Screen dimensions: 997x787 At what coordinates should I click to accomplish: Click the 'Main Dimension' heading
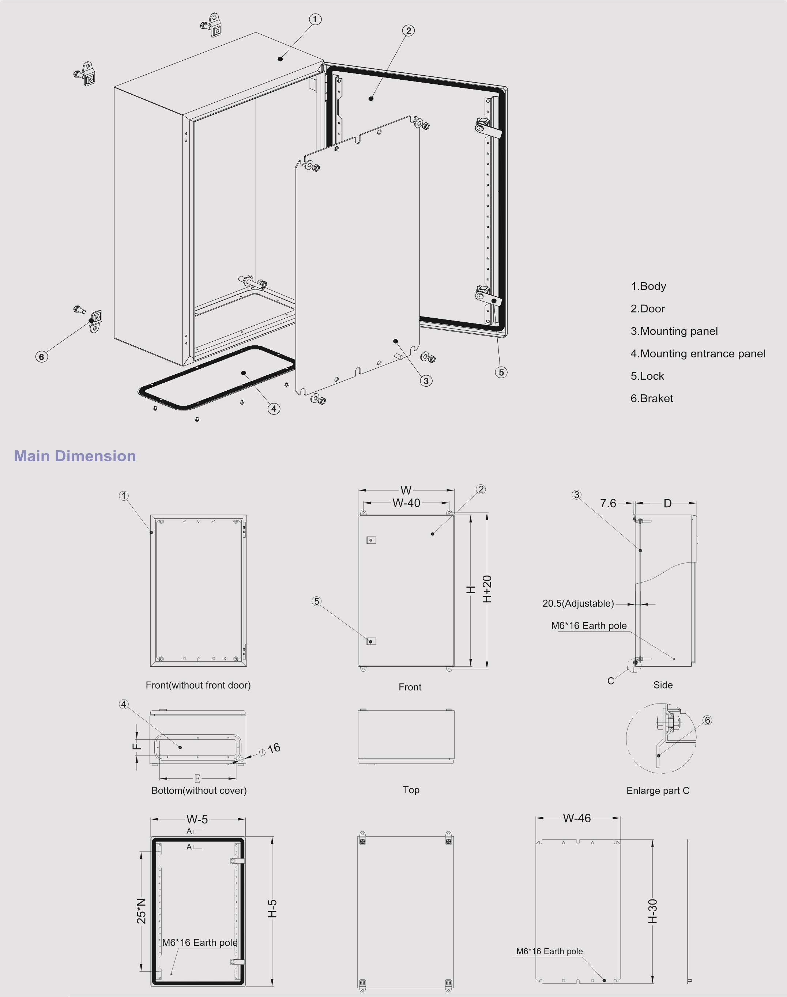[x=75, y=456]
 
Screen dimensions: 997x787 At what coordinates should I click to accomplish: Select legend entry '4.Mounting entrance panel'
[x=698, y=354]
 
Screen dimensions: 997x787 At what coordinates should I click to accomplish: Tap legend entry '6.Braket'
[x=652, y=398]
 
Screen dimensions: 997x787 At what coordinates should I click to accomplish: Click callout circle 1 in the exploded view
[x=315, y=19]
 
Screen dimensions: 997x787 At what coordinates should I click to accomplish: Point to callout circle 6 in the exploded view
[x=41, y=356]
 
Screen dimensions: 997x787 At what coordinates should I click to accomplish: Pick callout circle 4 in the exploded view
[x=274, y=409]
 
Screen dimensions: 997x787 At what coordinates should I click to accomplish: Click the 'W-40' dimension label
[x=406, y=503]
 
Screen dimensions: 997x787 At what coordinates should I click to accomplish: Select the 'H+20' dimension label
[x=487, y=589]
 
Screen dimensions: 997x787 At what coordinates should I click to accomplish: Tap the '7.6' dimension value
[x=608, y=503]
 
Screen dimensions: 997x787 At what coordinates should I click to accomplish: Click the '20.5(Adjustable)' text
[x=578, y=603]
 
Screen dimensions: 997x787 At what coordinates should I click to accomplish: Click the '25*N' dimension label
[x=142, y=910]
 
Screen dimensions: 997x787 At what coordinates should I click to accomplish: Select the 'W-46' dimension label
[x=576, y=818]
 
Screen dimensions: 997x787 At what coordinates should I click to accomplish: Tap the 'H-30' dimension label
[x=652, y=911]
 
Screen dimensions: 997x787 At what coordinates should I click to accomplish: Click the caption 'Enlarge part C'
[x=658, y=791]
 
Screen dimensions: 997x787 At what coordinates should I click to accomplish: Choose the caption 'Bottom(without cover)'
[x=199, y=790]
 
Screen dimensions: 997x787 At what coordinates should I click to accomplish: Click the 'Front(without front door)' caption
[x=198, y=685]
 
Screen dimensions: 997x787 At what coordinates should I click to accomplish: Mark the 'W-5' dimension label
[x=197, y=819]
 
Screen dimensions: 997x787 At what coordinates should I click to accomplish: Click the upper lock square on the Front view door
[x=372, y=540]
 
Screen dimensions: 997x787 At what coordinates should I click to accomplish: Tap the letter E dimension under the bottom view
[x=197, y=779]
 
